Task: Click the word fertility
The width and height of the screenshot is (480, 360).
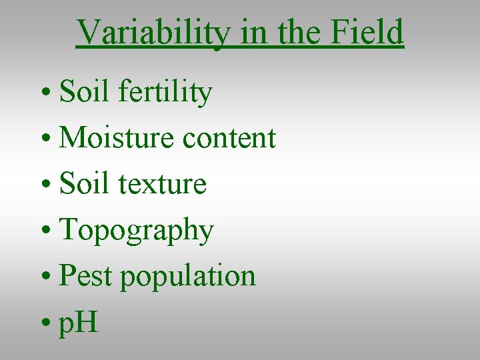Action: [x=165, y=93]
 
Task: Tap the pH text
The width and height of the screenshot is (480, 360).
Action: [x=78, y=323]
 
